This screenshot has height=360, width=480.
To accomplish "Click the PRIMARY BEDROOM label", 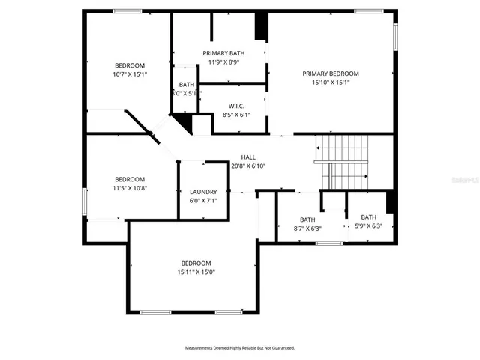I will [x=331, y=73].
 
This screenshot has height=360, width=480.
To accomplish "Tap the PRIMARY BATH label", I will [x=224, y=53].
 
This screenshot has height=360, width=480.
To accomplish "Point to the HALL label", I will [x=248, y=157].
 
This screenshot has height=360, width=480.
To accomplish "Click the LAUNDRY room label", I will [x=203, y=192].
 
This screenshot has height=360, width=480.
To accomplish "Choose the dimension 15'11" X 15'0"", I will [x=196, y=272].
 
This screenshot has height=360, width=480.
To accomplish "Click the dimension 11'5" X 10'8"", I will [x=130, y=188].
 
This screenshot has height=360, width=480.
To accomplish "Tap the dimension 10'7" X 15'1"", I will [x=130, y=74].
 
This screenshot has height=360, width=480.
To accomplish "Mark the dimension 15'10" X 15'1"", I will [x=331, y=82].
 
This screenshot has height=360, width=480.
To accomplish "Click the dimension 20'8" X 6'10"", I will [x=248, y=166].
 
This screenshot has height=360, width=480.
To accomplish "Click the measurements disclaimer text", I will [x=240, y=348].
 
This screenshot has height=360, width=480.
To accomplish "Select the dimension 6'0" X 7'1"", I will [x=203, y=201].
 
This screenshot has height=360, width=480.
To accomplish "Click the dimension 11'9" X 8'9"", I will [x=224, y=62].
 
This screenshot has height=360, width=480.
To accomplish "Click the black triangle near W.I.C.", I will [x=181, y=121].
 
